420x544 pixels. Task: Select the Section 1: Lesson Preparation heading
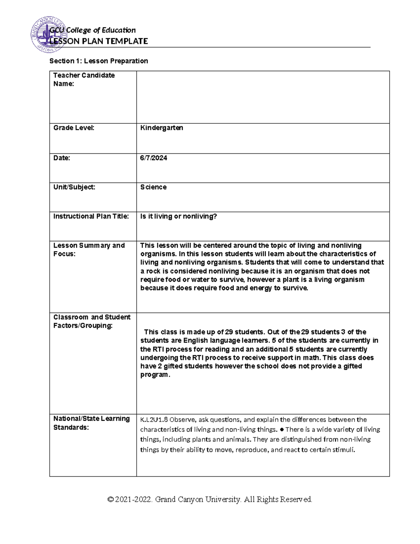coord(99,61)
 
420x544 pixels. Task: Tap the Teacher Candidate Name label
coord(84,80)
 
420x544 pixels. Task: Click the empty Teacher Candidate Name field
coord(262,97)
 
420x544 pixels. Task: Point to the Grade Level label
coord(74,128)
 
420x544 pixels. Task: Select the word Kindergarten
coord(161,128)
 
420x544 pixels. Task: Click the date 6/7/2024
coord(154,158)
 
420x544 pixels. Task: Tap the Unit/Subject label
coord(74,187)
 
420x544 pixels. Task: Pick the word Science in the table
coord(153,187)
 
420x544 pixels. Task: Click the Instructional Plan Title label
coord(91,216)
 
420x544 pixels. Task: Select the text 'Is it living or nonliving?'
coord(178,216)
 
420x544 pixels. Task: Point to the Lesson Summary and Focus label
coord(89,249)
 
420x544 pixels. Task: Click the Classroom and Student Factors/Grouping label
coord(92,321)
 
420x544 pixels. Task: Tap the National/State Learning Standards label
coord(91,423)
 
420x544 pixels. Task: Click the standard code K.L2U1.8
coord(154,420)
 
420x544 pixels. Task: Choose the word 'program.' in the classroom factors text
coord(155,374)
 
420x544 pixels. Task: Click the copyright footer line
coord(210,499)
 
